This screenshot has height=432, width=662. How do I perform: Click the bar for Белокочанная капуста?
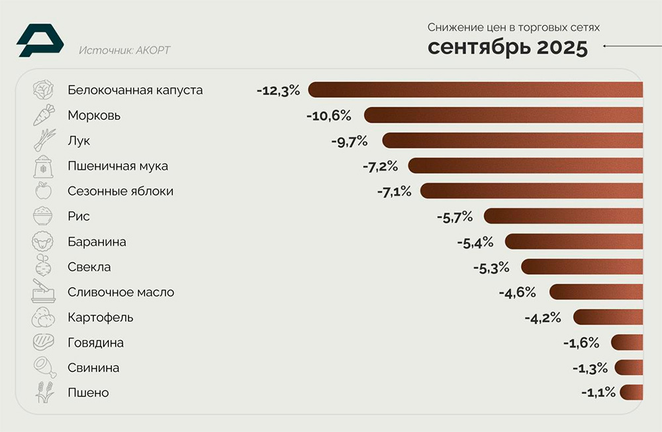tap(475, 90)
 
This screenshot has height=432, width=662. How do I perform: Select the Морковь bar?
tap(503, 115)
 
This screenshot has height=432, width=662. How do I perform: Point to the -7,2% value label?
tap(380, 166)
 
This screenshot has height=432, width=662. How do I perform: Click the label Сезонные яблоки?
tap(120, 191)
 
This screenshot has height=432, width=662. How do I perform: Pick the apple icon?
tap(43, 191)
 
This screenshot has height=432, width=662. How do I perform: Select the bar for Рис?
tap(563, 217)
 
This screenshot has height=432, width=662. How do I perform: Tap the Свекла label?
tap(89, 267)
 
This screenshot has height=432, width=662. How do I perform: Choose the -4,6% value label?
tap(517, 292)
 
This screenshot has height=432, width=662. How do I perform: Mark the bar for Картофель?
tap(608, 317)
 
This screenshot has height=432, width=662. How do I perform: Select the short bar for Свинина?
tap(629, 368)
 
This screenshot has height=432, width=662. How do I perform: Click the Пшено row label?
tap(88, 393)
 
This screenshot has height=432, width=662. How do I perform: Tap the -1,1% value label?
tap(598, 393)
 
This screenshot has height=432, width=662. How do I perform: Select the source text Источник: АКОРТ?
tap(124, 50)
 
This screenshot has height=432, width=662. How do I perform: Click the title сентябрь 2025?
tap(507, 48)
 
